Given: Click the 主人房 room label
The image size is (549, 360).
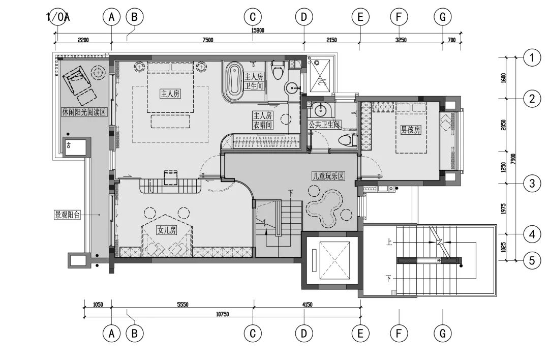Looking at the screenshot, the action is click(170, 94).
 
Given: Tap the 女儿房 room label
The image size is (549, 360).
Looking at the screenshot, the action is click(167, 230).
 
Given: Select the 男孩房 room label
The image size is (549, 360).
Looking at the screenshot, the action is click(411, 130).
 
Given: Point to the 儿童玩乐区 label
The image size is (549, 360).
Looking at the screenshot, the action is click(328, 176).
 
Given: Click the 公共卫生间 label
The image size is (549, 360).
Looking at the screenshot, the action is click(324, 124).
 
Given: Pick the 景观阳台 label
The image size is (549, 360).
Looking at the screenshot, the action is click(67, 215).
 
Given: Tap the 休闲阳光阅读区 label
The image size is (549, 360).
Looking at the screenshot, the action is click(84, 112).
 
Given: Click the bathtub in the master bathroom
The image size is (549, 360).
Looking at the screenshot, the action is click(232, 81).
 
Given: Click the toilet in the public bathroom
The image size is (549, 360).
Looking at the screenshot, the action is click(347, 140).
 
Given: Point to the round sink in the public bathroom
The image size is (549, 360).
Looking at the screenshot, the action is click(320, 110).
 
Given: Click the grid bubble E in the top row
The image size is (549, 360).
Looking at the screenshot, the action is click(360, 17).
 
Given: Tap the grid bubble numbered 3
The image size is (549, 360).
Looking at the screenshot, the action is click(532, 183).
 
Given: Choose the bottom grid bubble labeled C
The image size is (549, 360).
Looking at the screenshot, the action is click(253, 334).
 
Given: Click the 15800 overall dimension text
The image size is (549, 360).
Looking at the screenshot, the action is click(258, 31).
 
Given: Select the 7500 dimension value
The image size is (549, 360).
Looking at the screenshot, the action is click(207, 40).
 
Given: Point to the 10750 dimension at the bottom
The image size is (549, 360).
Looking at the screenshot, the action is click(222, 314).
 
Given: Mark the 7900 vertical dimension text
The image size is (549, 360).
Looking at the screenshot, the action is click(513, 159).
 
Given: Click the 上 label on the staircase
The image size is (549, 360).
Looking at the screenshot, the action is click(389, 242).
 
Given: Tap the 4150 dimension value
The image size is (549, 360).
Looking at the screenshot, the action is click(307, 305).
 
